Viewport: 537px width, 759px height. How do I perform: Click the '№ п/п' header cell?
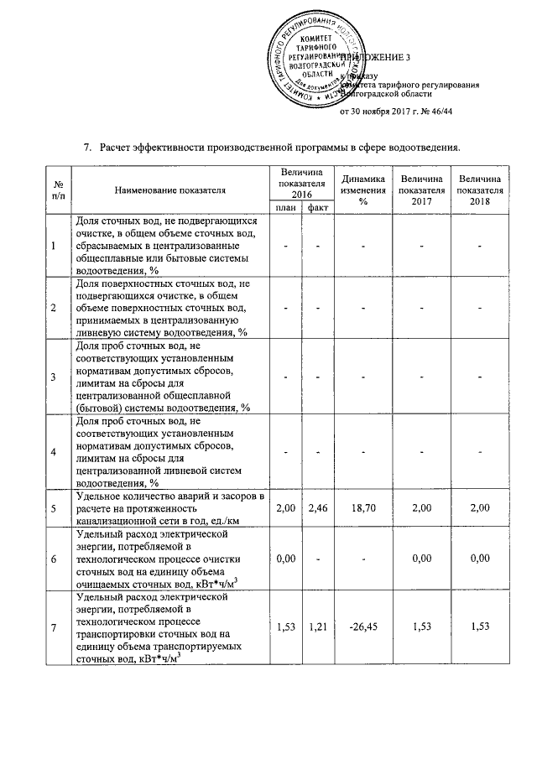coord(58,190)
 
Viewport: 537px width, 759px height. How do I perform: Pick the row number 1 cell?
coord(55,246)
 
